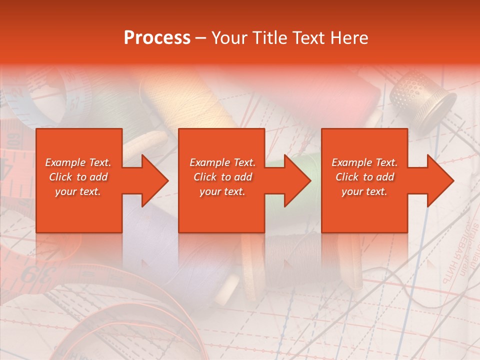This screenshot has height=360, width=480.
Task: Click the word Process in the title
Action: coord(157,38)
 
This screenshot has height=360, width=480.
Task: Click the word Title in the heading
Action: coord(268,38)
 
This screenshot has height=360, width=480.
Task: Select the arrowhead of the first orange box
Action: coord(152,180)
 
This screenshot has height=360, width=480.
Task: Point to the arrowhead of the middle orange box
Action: coord(295,180)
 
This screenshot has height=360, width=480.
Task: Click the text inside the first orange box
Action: coord(78,177)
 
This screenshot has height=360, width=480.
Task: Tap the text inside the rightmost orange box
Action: coord(364,177)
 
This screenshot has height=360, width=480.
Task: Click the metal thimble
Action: coord(422,97)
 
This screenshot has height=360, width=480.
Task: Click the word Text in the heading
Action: coord(309,38)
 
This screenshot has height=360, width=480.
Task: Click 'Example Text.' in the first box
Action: coord(78,162)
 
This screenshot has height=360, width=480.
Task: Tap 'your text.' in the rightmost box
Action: coord(364,191)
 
